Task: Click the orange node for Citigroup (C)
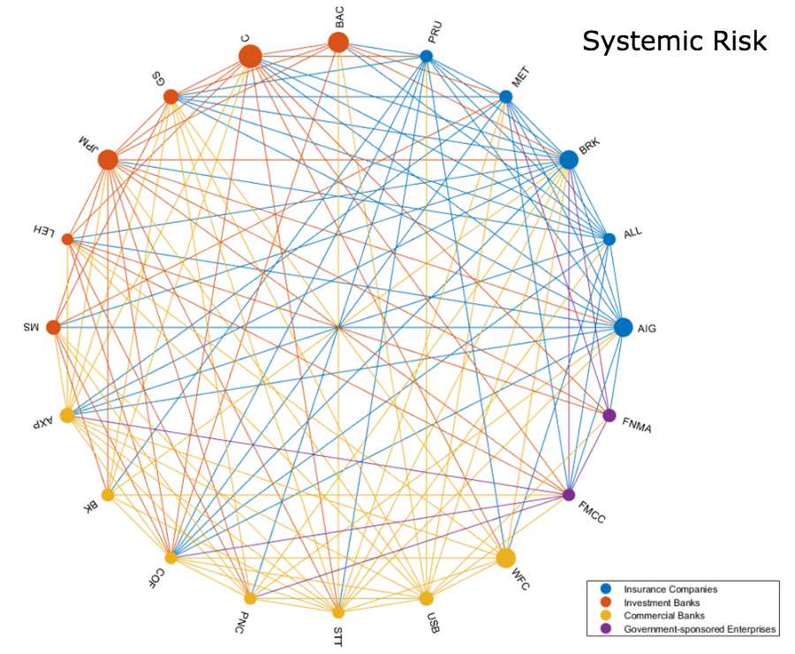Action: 250,56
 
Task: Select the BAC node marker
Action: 338,42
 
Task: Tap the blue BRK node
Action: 569,160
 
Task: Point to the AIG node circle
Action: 624,327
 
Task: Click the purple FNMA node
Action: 609,415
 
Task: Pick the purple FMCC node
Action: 569,494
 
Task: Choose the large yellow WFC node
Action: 505,558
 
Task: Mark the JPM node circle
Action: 108,160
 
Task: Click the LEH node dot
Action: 67,239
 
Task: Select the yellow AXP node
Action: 67,415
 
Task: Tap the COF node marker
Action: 170,558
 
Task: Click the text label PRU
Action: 435,33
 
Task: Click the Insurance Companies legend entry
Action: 670,589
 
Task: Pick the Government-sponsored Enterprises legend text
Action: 700,629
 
